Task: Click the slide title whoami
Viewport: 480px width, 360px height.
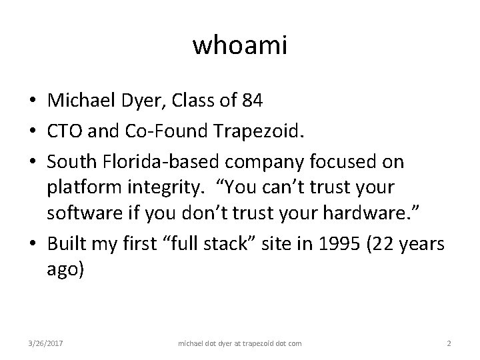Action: (240, 45)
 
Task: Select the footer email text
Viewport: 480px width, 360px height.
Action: (240, 343)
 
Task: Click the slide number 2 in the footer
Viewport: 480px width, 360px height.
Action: (449, 343)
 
